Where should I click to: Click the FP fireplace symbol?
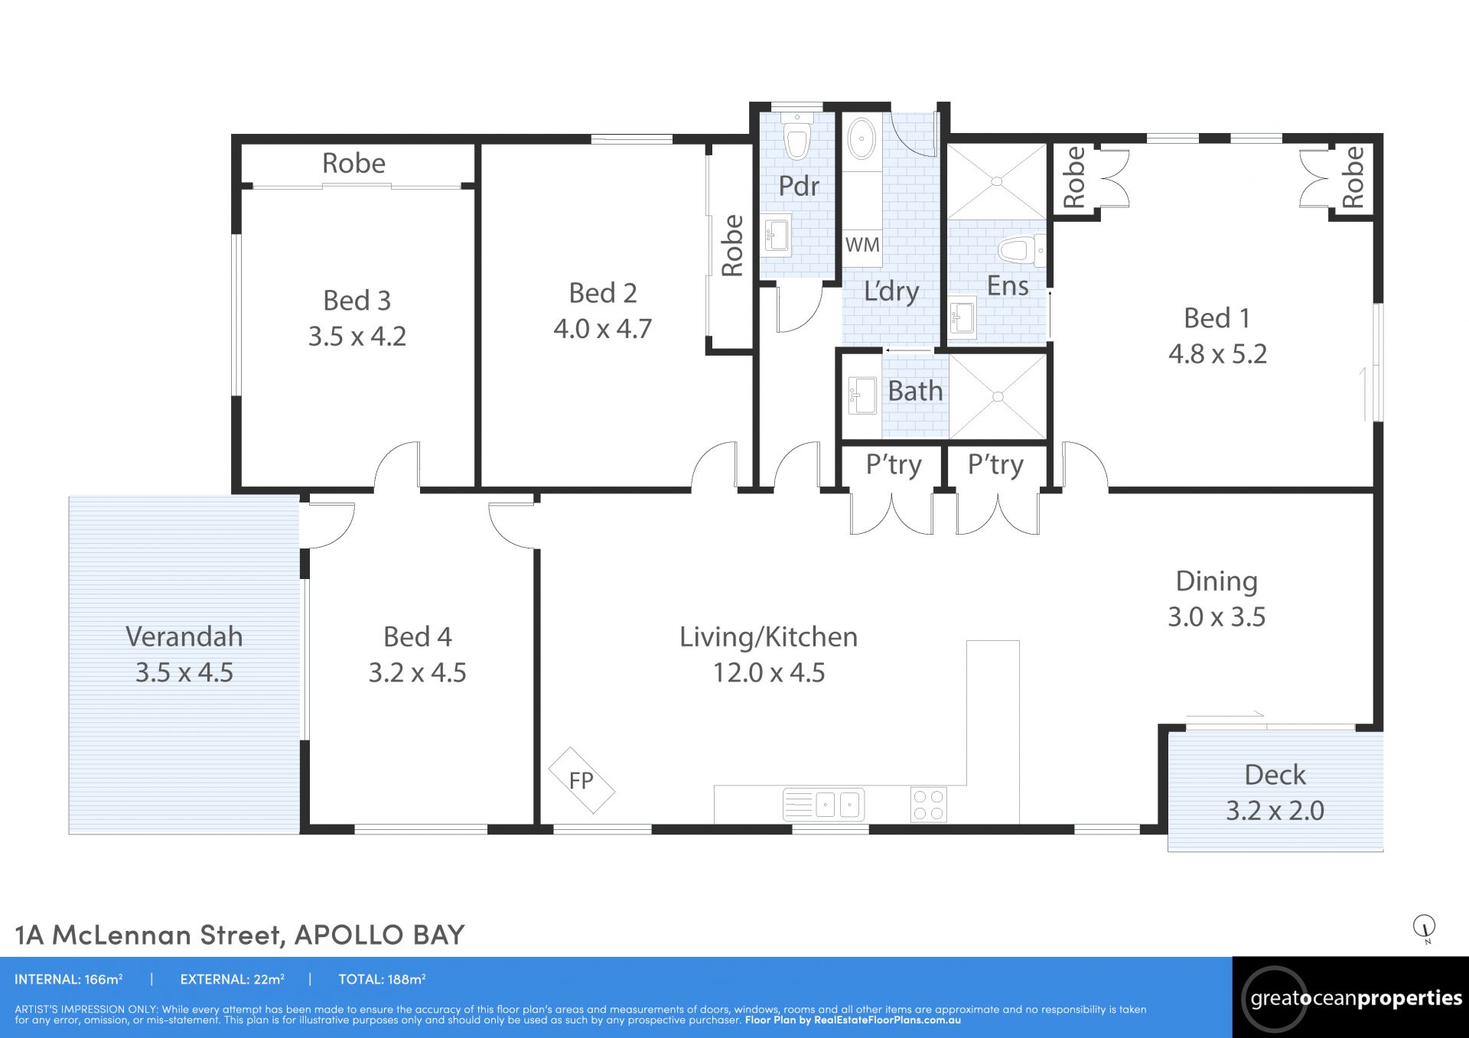pos(581,780)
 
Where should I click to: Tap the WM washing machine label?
pos(862,245)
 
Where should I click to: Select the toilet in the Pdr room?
pos(797,138)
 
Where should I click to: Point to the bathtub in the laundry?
pos(862,139)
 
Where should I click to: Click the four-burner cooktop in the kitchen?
pos(929,805)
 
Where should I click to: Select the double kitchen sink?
pos(824,805)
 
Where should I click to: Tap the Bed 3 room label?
pos(357,301)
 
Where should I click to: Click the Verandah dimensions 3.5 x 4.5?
pos(184,672)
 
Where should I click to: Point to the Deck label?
pos(1275,775)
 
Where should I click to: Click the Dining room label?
pos(1217,581)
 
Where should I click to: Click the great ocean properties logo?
pos(1350,997)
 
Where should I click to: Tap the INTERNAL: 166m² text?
pos(69,979)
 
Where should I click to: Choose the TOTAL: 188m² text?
pos(382,979)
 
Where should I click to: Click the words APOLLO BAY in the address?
pos(379,934)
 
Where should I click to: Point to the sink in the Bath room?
pos(862,395)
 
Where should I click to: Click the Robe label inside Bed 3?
pos(353,163)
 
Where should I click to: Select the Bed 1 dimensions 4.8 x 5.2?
pos(1217,353)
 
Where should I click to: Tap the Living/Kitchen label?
pos(768,637)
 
